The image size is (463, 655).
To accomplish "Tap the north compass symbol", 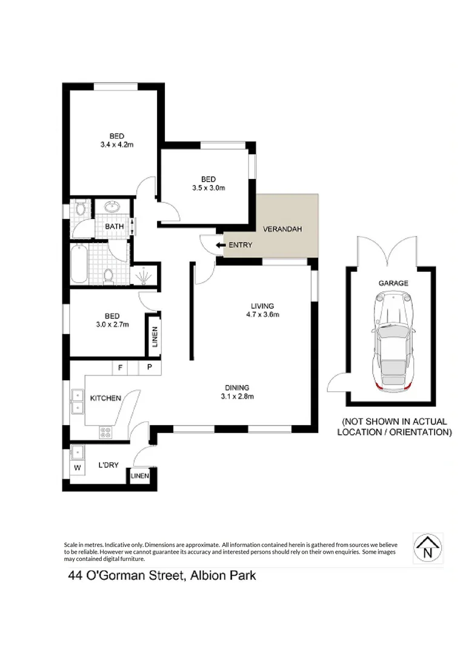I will coord(428,548).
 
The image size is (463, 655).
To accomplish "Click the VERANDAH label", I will coord(282,229).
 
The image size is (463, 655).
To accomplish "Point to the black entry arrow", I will coord(218,245).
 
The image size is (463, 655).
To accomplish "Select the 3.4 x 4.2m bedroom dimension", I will coord(117,145).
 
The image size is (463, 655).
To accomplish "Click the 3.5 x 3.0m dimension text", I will coord(209,188).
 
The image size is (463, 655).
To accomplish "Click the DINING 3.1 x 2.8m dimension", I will coord(236,397).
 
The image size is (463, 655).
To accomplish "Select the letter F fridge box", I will coord(120,368).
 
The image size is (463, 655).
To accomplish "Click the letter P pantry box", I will coord(148,368).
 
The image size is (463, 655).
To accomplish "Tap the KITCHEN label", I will coord(106,398).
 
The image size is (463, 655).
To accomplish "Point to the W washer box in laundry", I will coord(77,468).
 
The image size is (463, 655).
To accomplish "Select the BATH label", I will coord(114,227).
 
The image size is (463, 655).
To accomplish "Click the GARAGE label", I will coord(393,283).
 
